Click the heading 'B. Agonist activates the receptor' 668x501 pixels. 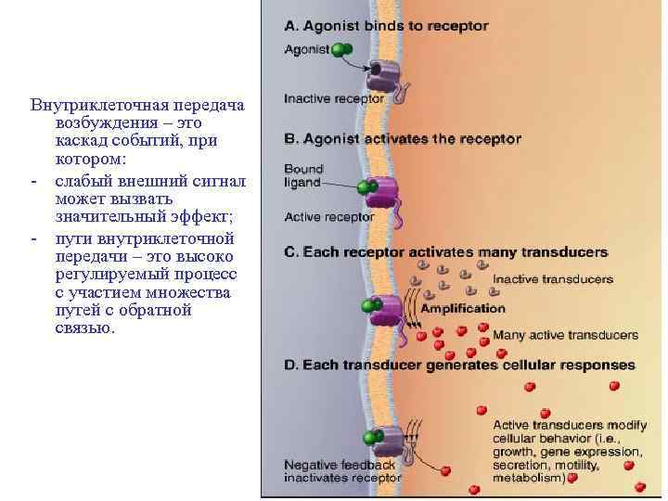coord(403,139)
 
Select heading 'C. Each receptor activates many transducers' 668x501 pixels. coord(445,251)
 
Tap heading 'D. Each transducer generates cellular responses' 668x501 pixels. coord(459,365)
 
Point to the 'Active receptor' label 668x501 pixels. coord(328,217)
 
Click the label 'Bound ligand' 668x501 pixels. coord(303,175)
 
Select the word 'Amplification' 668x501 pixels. coord(463,308)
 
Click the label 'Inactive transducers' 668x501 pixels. coord(552,278)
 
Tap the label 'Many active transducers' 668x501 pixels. coord(565,334)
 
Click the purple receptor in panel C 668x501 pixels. coord(384,309)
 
